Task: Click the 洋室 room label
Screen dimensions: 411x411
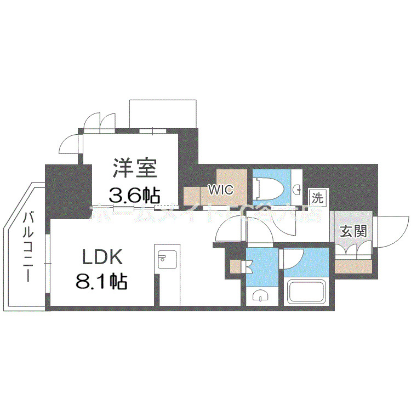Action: click(x=135, y=168)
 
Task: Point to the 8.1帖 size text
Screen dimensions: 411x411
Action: click(x=101, y=282)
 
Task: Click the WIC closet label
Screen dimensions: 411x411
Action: click(x=221, y=190)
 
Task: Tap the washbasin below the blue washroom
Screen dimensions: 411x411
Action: click(x=260, y=296)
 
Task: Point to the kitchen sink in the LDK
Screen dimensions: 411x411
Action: click(x=165, y=259)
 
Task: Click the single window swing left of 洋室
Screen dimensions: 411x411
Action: click(x=70, y=145)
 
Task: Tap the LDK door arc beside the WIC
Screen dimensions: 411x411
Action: click(x=229, y=231)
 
